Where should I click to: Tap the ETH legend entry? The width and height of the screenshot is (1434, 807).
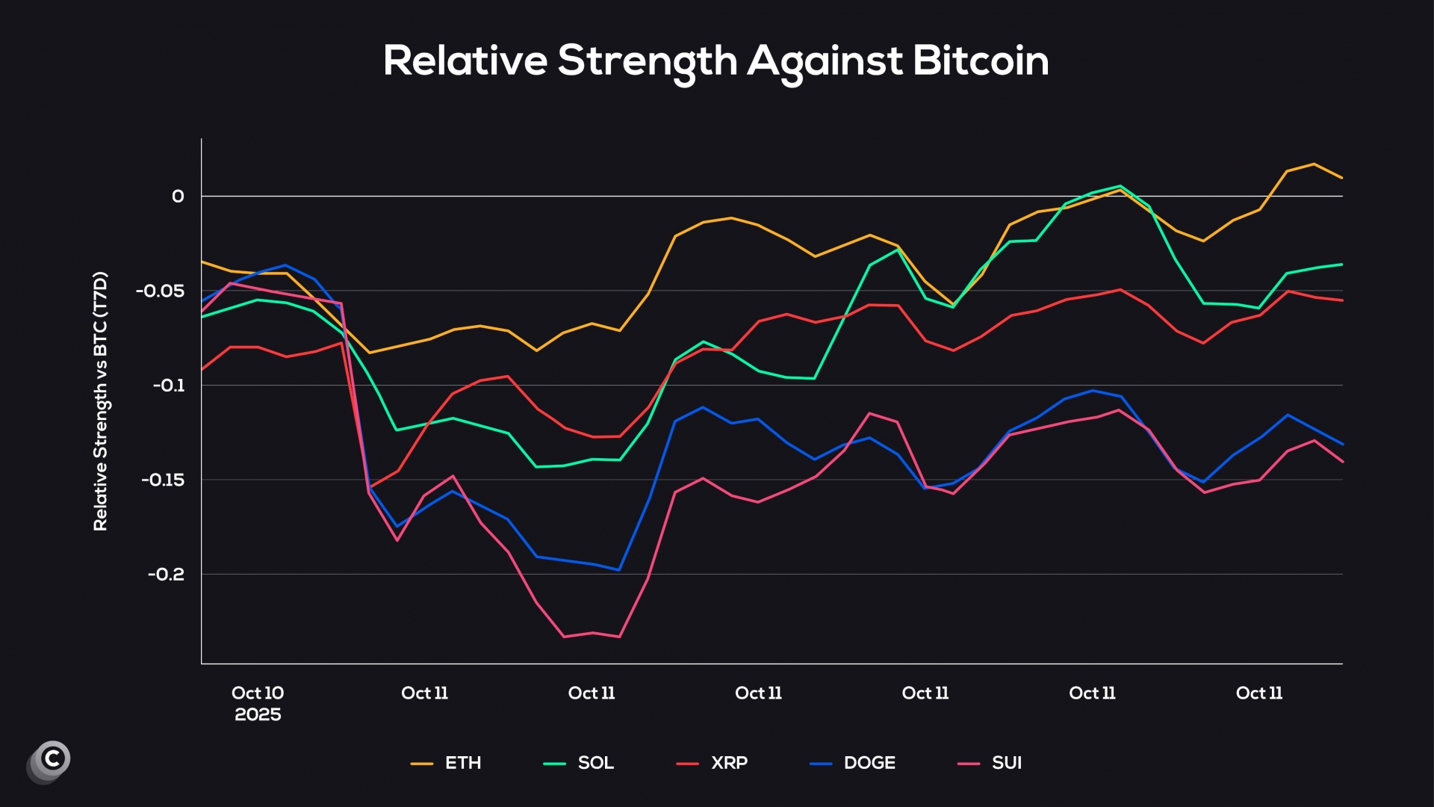447,763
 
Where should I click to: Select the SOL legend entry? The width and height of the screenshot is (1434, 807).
580,763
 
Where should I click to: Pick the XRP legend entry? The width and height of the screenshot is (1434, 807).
713,763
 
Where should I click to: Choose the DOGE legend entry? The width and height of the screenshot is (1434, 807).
853,763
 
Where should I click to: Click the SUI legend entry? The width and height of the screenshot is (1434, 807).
990,763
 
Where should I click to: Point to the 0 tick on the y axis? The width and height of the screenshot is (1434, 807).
178,197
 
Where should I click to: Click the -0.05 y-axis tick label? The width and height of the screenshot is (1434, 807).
160,291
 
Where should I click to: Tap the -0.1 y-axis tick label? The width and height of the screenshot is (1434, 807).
168,386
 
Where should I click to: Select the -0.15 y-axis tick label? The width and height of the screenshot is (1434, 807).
163,480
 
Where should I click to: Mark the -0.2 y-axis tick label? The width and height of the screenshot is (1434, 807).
166,575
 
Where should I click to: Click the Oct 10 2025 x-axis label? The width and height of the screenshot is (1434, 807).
258,703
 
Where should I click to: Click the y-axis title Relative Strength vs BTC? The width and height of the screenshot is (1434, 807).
101,401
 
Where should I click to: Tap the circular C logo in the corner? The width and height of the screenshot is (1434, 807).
50,761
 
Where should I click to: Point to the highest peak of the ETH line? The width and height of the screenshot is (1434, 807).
1314,164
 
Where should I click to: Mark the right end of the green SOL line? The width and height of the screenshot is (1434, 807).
1342,265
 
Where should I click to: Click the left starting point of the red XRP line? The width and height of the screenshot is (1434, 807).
202,370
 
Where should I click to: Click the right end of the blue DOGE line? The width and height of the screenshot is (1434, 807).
1342,444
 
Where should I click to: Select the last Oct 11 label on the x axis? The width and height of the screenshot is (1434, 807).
1259,693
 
